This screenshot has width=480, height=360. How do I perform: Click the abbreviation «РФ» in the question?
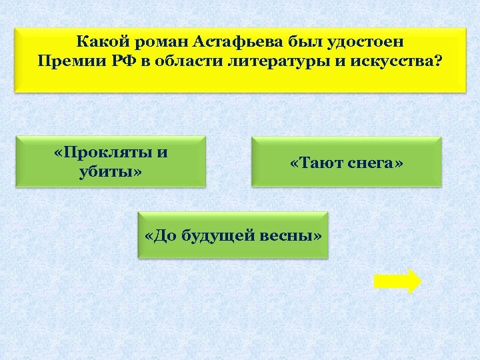(x=117, y=62)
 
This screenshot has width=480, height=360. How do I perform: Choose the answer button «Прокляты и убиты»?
(x=111, y=162)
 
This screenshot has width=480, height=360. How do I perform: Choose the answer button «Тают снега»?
(x=347, y=162)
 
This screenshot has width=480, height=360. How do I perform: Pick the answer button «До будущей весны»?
(x=233, y=235)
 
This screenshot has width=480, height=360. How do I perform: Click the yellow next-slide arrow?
(x=397, y=281)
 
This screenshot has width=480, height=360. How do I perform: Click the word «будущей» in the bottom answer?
(x=227, y=235)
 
